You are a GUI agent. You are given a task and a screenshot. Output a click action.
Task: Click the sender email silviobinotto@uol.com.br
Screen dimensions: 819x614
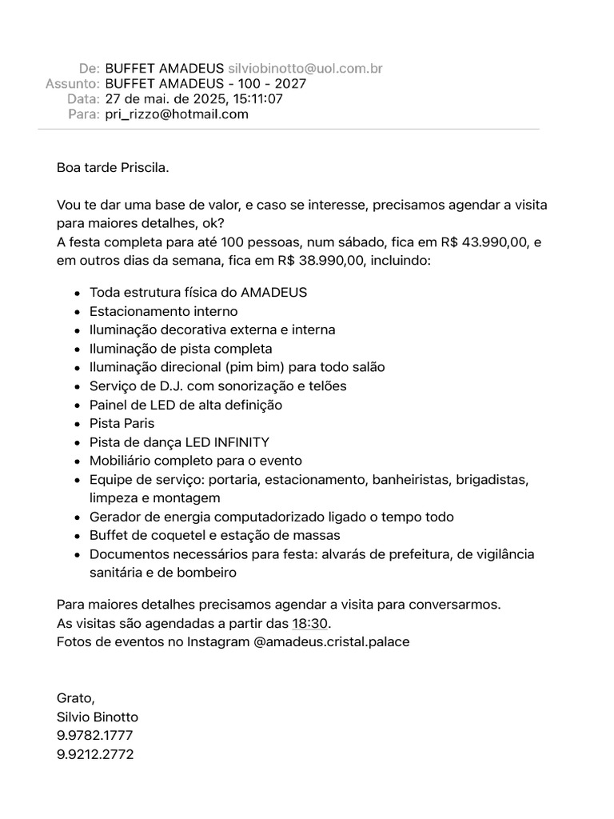tap(305, 69)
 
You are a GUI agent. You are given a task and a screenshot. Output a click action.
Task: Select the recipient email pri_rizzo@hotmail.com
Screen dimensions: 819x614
tap(177, 114)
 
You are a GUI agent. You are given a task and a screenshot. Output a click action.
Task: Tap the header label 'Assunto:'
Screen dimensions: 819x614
tap(73, 84)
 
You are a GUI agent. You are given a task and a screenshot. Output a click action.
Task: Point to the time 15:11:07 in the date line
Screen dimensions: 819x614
tap(257, 99)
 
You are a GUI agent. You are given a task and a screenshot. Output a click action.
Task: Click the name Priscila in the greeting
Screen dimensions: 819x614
tap(143, 168)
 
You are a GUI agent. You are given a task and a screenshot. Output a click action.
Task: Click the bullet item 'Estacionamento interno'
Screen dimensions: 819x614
tap(163, 311)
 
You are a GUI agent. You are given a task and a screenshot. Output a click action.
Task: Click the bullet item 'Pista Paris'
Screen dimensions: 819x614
tap(122, 423)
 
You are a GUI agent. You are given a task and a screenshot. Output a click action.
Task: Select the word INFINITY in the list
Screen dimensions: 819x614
tap(241, 442)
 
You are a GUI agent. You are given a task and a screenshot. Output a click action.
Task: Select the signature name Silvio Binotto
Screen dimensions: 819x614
tap(98, 717)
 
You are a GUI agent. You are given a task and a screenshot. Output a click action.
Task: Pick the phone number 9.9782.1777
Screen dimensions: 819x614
tap(95, 736)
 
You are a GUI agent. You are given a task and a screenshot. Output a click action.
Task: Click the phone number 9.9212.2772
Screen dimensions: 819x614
tap(95, 754)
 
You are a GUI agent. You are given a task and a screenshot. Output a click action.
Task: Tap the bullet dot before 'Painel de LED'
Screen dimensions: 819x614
tap(78, 406)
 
